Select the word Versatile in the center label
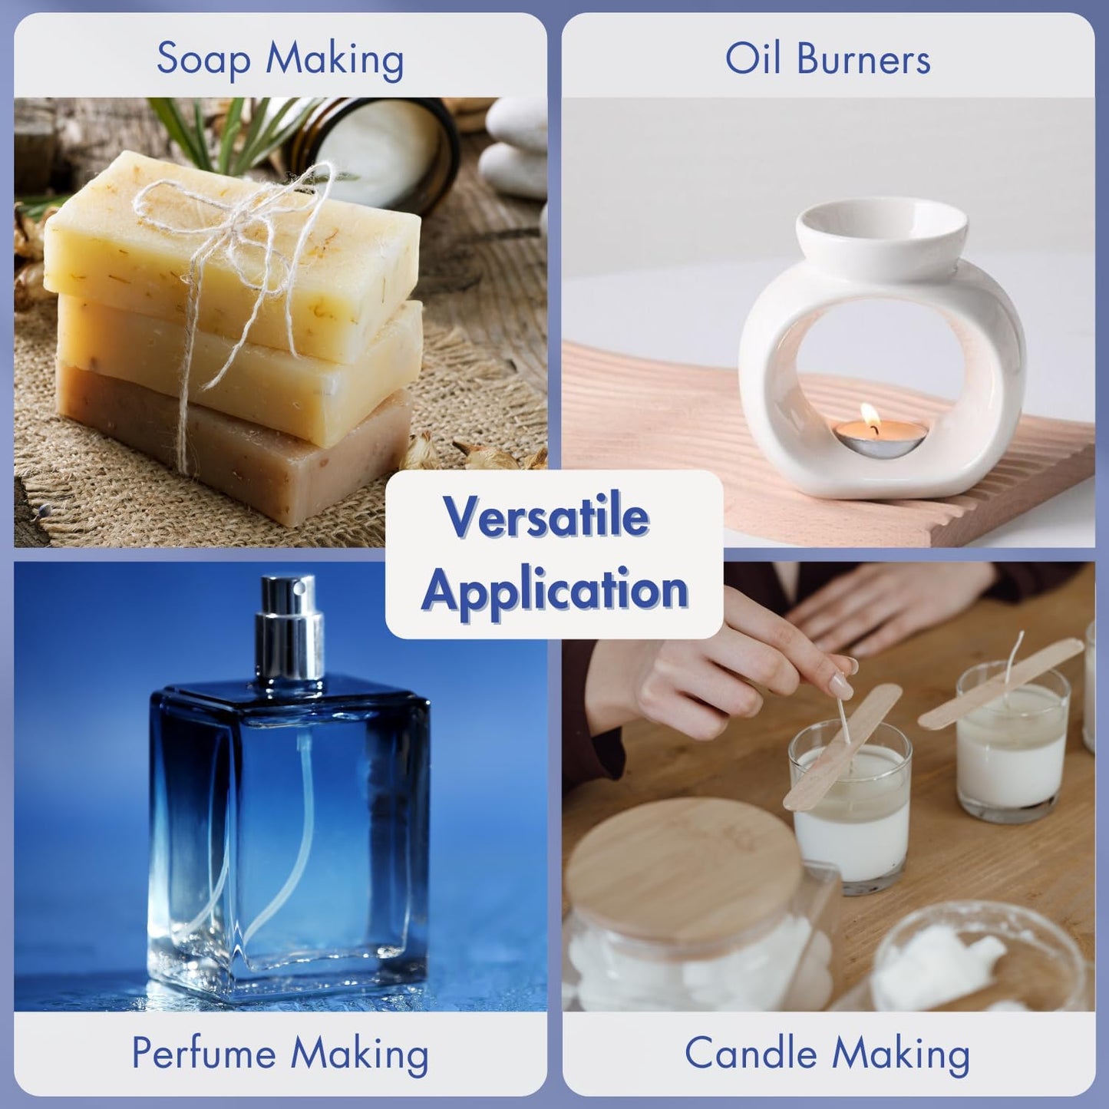[546, 517]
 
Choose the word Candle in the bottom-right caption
[751, 1053]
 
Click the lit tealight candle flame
[869, 416]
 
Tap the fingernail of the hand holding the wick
[842, 683]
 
